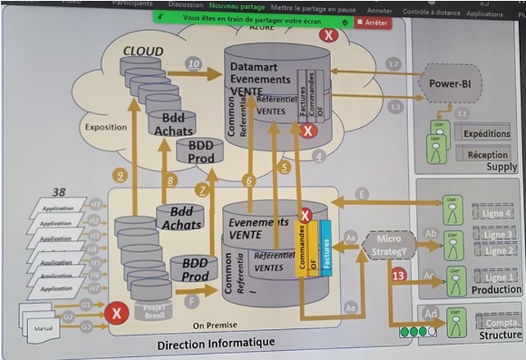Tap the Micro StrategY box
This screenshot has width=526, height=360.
click(388, 244)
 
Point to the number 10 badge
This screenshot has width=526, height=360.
click(193, 64)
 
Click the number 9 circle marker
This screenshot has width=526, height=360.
click(120, 175)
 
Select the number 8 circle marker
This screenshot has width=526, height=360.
click(171, 181)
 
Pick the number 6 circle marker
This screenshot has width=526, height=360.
click(249, 181)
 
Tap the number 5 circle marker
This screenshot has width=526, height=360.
click(284, 168)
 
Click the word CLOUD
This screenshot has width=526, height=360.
click(143, 51)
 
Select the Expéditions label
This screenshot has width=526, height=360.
click(486, 134)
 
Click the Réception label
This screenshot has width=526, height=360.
click(487, 155)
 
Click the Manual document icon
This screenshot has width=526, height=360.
click(42, 327)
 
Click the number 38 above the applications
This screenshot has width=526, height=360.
click(59, 192)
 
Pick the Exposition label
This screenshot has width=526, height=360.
click(106, 126)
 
